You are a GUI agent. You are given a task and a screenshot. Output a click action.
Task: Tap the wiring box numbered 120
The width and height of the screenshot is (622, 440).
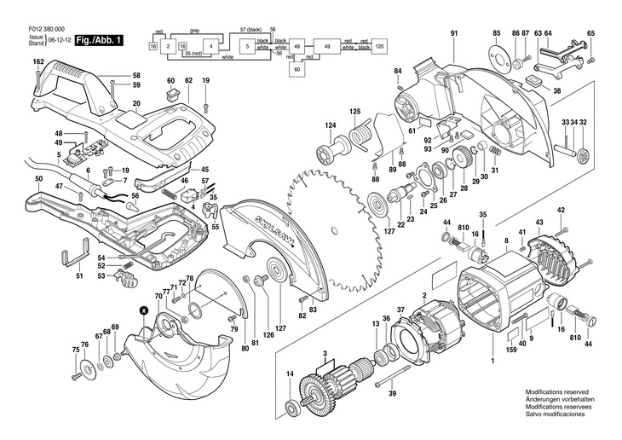(380, 44)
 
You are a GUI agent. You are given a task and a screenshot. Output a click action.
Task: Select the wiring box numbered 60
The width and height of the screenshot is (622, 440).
(298, 70)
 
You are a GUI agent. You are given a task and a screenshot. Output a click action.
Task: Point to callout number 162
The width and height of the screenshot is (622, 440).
(38, 62)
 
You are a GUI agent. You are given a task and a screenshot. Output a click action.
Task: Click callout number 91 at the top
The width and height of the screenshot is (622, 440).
(455, 32)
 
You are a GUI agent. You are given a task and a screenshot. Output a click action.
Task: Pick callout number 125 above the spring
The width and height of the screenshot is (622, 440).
(354, 112)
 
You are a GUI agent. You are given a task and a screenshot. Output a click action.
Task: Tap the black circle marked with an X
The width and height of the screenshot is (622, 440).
(144, 310)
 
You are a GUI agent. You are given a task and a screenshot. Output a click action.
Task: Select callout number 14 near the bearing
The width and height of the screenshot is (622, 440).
(290, 375)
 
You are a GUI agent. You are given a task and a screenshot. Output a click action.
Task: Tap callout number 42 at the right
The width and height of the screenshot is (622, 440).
(561, 210)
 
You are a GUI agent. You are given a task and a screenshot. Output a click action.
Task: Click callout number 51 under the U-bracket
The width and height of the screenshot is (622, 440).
(79, 275)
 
